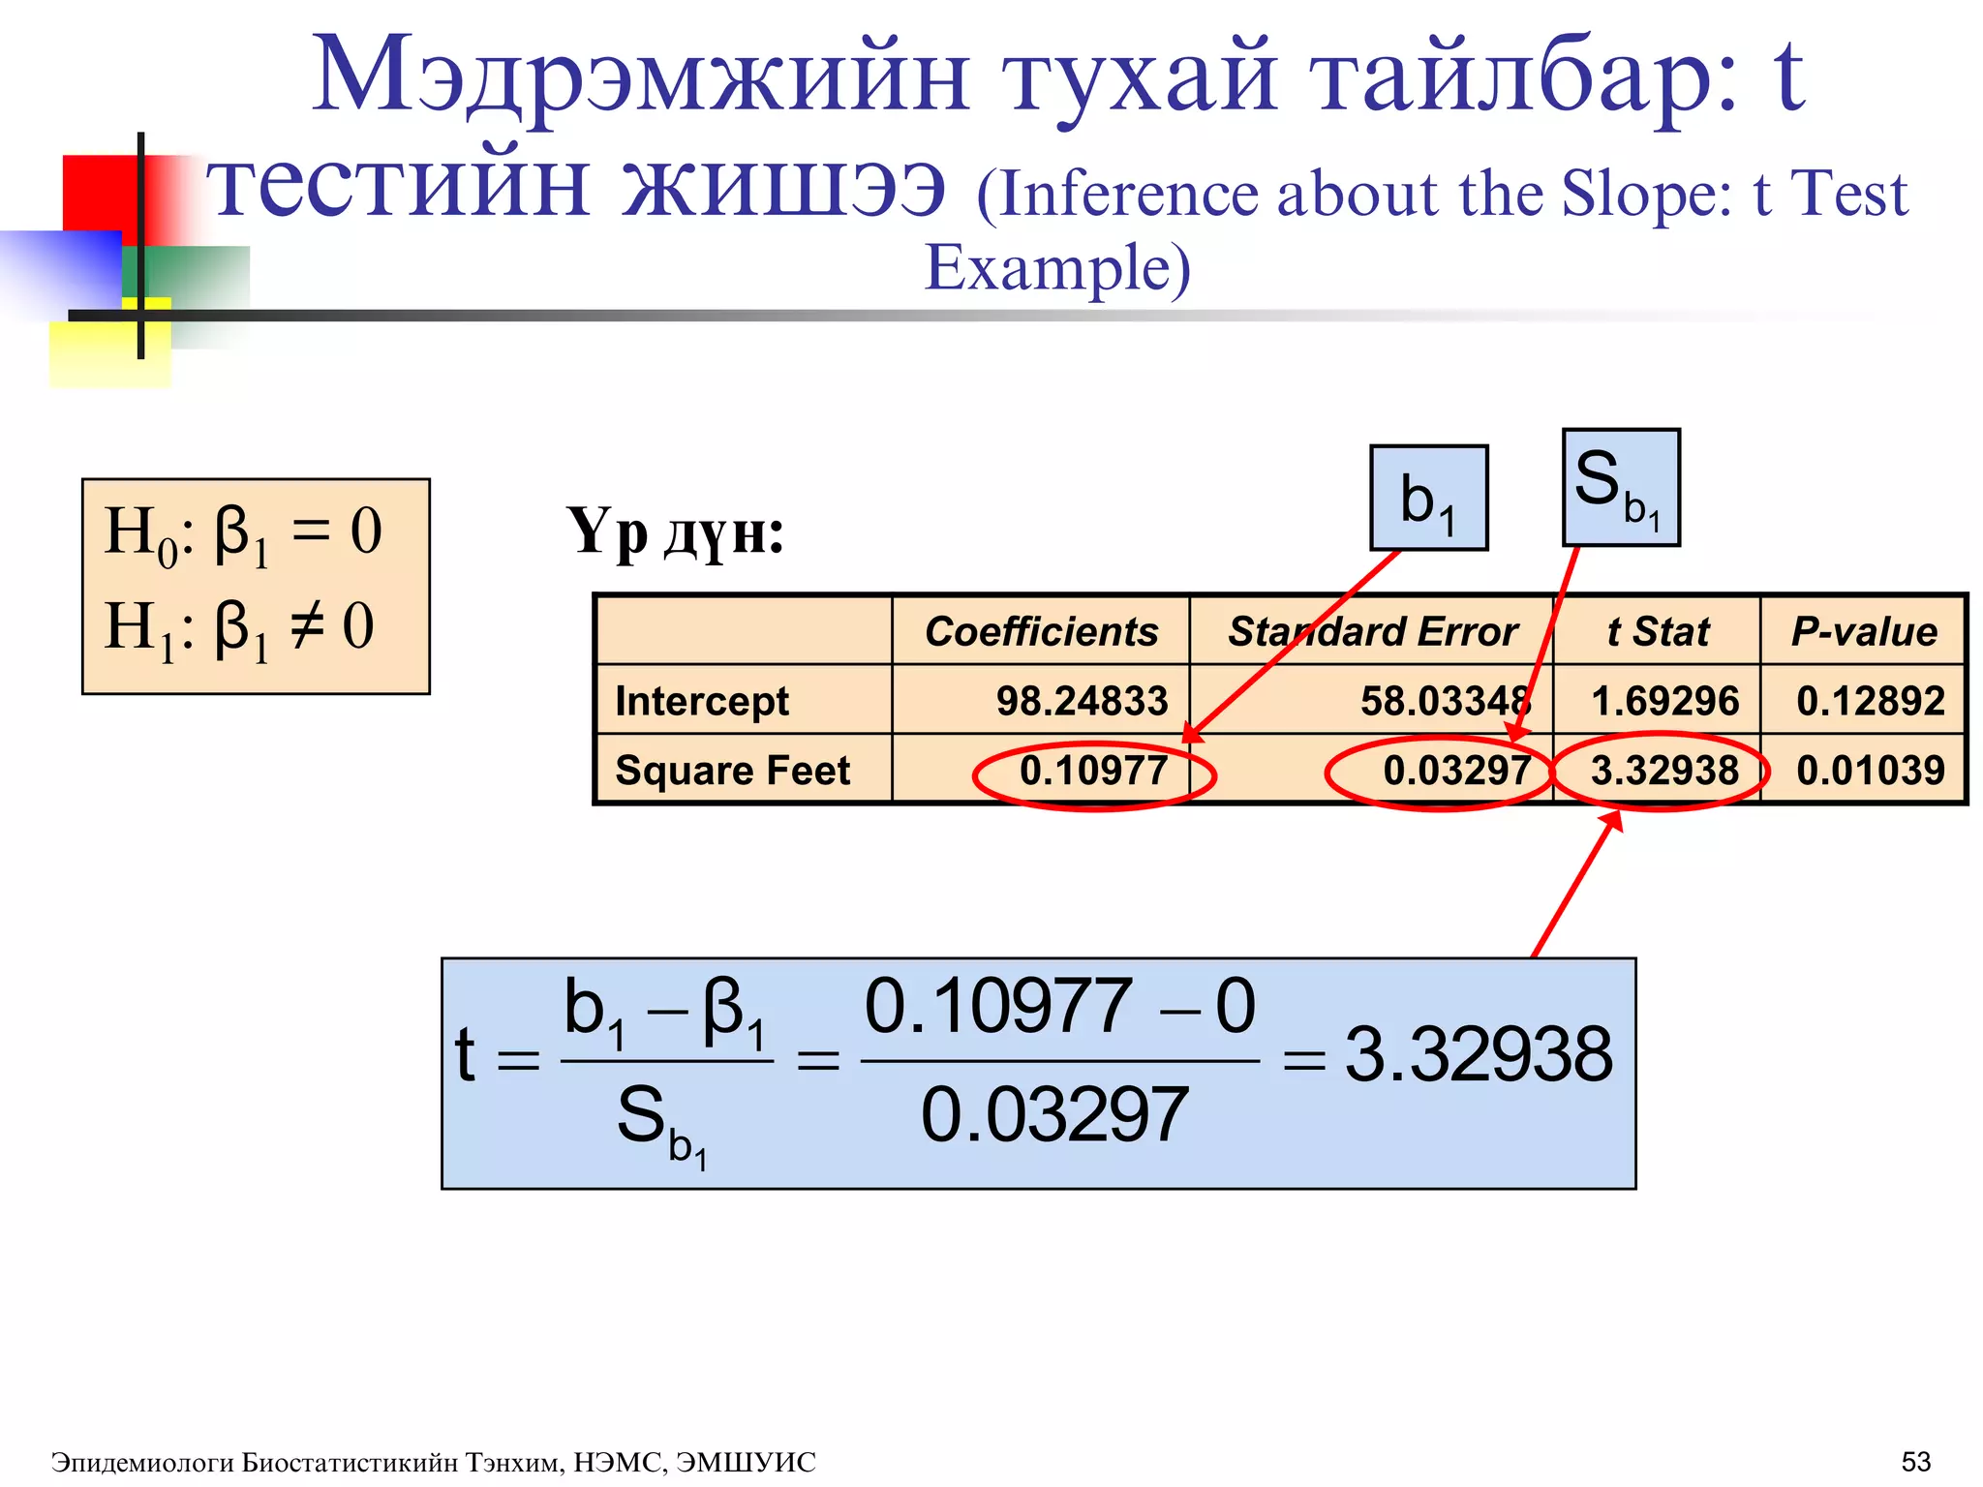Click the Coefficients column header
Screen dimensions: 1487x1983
tap(1041, 631)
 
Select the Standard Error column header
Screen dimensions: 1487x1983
tap(1372, 631)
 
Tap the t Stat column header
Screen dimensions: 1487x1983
tap(1658, 631)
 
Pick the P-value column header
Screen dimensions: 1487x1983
tap(1864, 631)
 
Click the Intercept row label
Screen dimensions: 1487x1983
tap(702, 700)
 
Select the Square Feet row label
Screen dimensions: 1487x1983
tap(733, 771)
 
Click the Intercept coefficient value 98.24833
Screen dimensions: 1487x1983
tap(1082, 700)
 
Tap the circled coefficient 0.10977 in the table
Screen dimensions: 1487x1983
tap(1093, 771)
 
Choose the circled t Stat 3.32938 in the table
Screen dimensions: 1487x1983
tap(1663, 771)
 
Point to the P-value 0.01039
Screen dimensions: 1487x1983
tap(1870, 771)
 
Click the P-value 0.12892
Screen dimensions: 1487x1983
tap(1870, 700)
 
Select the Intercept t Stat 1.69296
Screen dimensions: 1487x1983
tap(1663, 700)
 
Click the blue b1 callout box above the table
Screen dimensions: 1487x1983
tap(1428, 499)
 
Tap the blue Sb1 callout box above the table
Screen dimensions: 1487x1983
tap(1621, 488)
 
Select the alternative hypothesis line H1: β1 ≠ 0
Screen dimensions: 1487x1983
tap(239, 628)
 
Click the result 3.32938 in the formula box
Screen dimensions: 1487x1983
tap(1479, 1054)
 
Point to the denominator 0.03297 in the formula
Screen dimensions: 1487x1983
tap(1054, 1115)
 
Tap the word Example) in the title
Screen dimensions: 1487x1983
tap(1057, 268)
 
